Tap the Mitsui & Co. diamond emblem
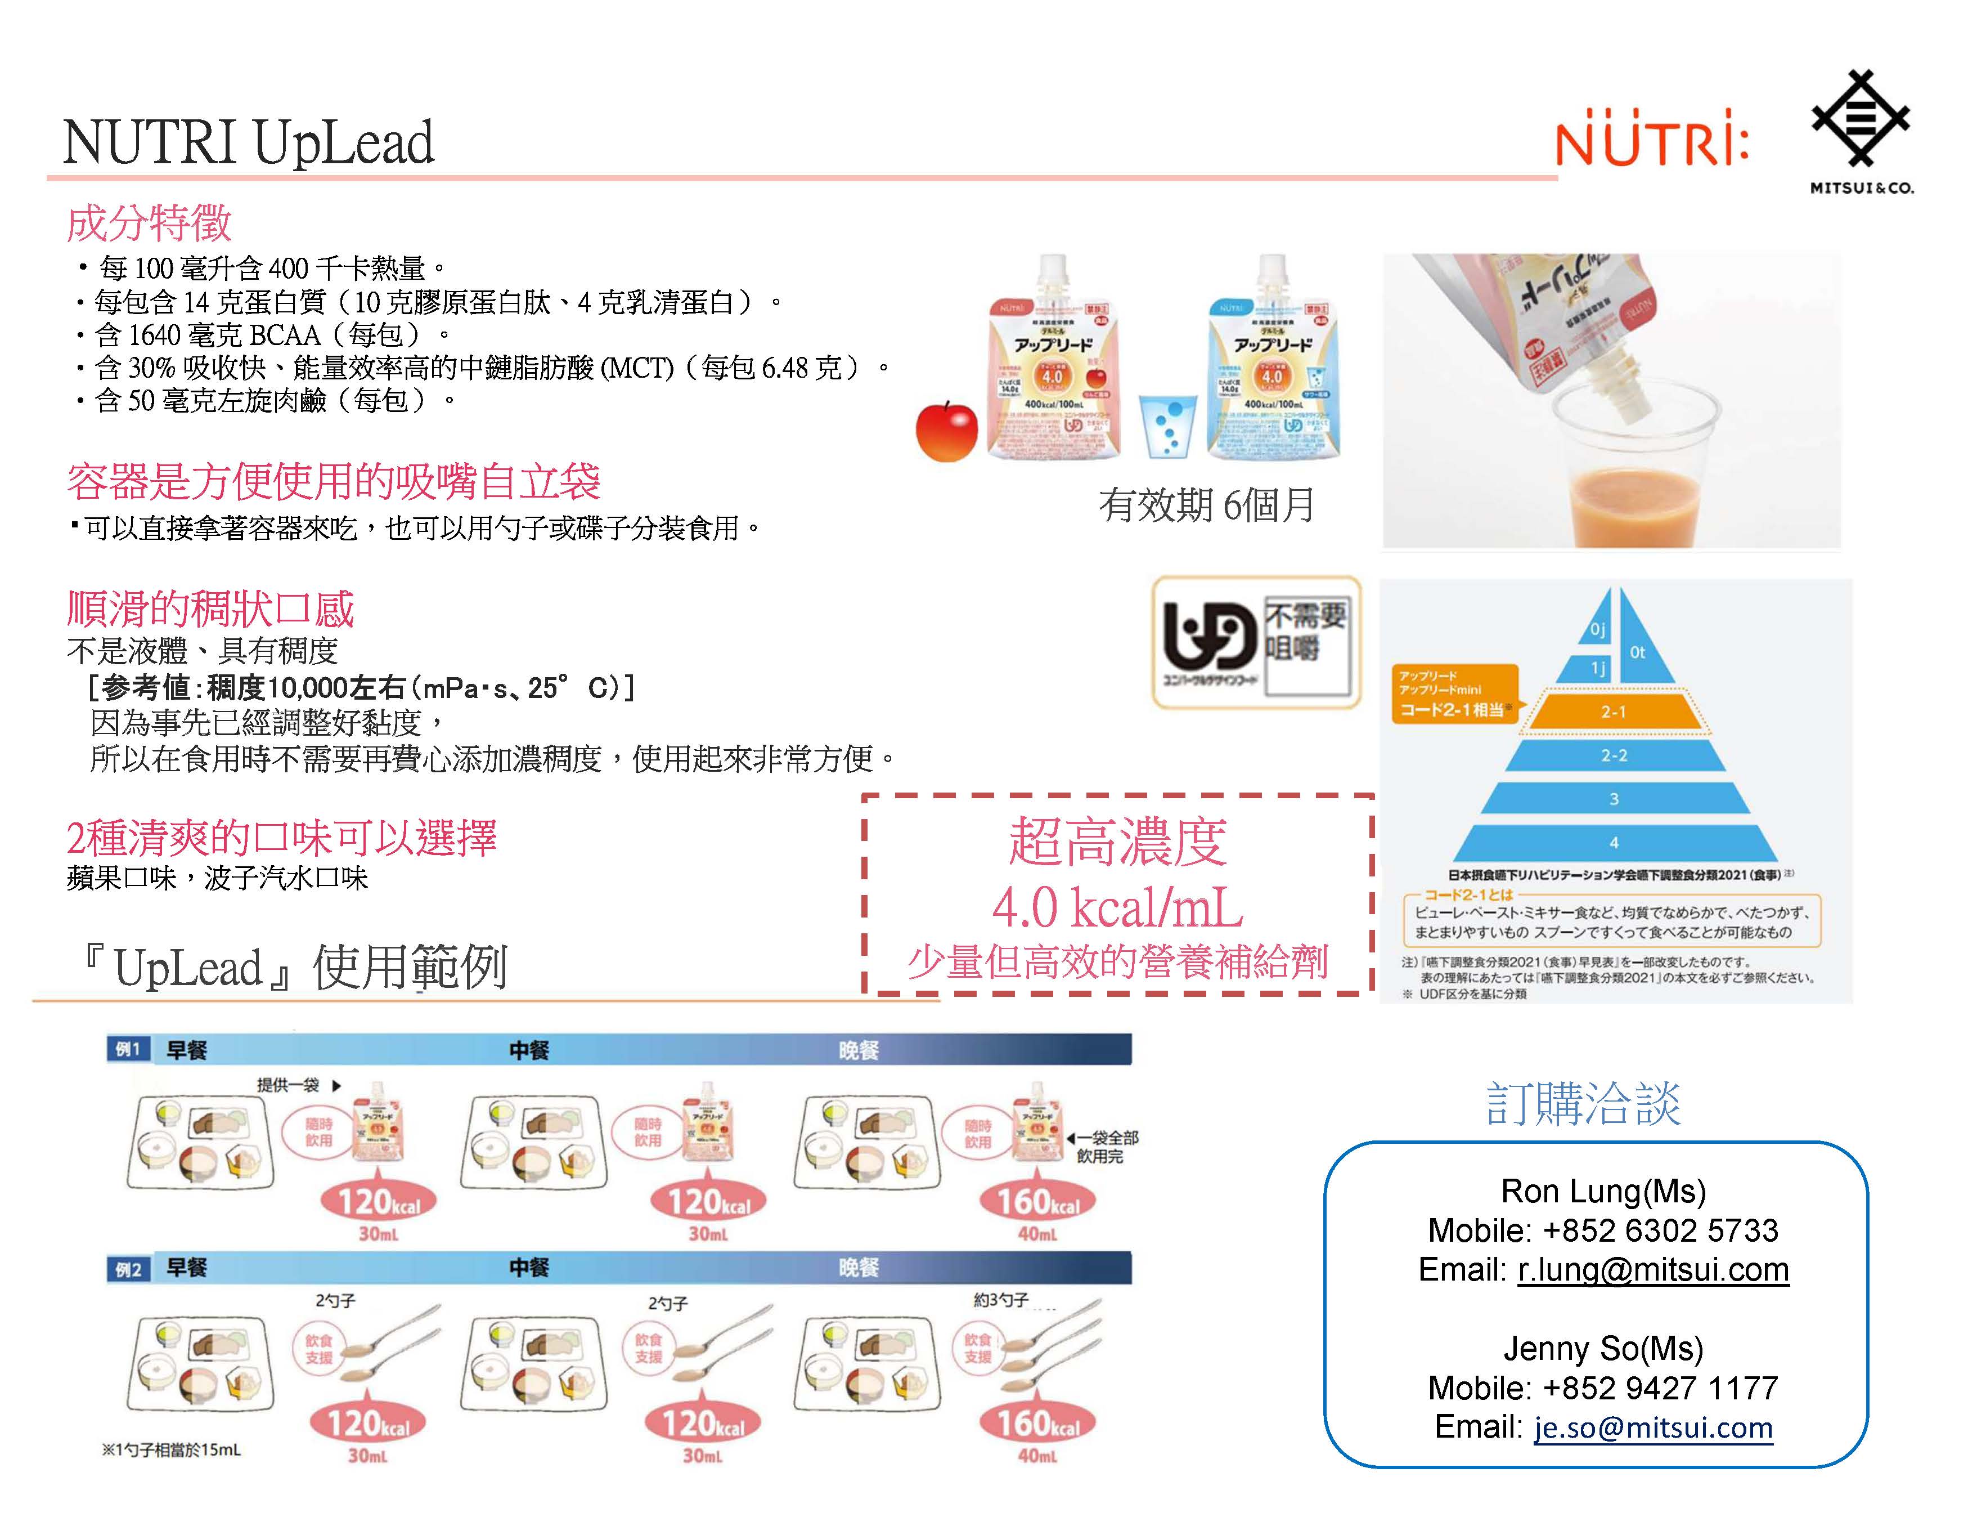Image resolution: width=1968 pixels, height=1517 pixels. tap(1861, 119)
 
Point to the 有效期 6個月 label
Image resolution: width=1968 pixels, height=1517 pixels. tap(1206, 505)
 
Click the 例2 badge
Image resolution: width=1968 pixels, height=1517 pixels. tap(127, 1269)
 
